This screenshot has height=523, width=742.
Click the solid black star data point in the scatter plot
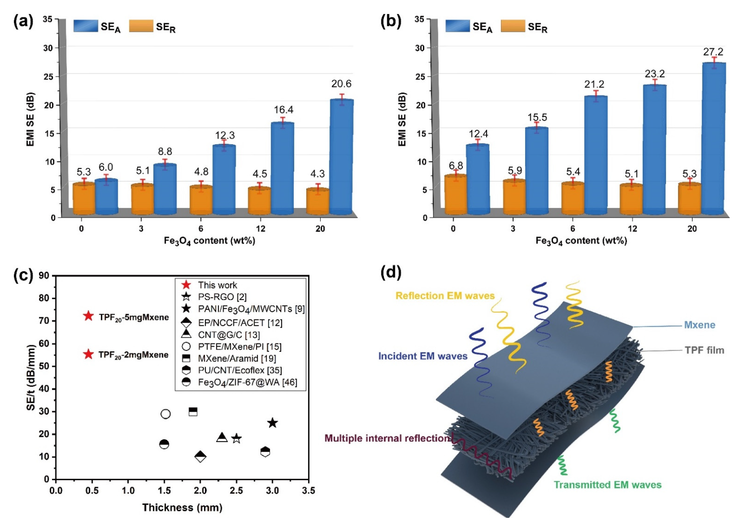coord(273,423)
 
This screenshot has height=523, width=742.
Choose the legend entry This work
coord(217,285)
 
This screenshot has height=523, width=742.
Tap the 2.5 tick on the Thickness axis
coord(236,491)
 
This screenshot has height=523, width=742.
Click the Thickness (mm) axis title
coord(182,507)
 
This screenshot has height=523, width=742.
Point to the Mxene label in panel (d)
coord(699,325)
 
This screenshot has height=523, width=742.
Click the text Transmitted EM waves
coord(608,485)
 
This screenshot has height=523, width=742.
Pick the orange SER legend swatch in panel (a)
coord(141,26)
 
